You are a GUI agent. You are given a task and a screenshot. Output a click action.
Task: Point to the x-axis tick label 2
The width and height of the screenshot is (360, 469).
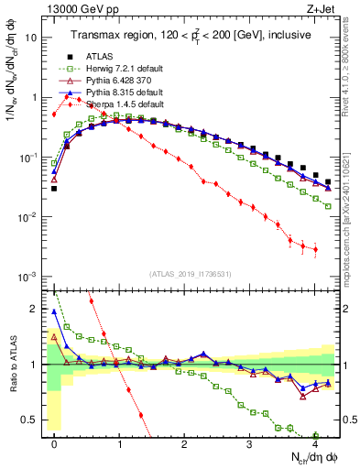pyautogui.click(x=185, y=444)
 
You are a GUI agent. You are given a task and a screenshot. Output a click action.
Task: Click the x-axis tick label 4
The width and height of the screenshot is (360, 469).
pyautogui.click(x=315, y=444)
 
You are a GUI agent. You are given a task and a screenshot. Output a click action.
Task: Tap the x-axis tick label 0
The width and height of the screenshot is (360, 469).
pyautogui.click(x=55, y=444)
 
